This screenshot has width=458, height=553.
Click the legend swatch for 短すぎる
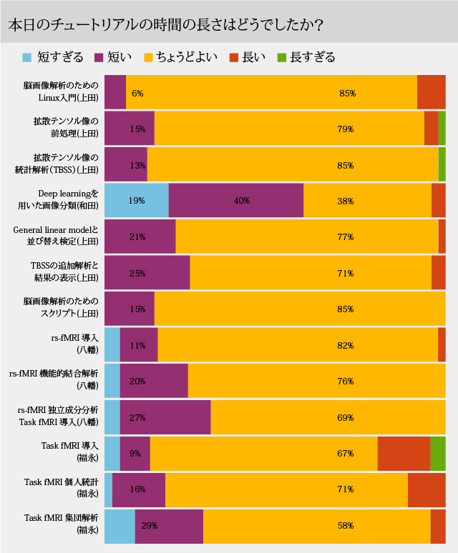tap(27, 57)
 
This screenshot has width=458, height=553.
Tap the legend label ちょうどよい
tap(187, 57)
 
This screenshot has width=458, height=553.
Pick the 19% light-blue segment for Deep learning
tap(136, 201)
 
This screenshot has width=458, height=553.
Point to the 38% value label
tap(346, 201)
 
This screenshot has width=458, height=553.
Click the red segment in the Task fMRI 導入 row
tap(404, 453)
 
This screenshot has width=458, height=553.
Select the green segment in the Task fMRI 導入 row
tap(438, 453)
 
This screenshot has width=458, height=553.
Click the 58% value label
tap(346, 526)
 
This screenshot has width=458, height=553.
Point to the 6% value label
tap(137, 93)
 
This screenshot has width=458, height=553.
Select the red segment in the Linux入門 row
tap(431, 92)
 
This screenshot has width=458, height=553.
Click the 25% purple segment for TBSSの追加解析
tap(147, 272)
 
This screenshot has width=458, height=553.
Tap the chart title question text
tap(165, 24)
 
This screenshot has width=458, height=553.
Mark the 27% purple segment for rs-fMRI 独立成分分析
tap(165, 417)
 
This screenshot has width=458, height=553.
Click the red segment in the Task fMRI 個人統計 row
tap(427, 489)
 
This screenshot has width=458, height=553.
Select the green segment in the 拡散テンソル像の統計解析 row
tap(442, 164)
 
